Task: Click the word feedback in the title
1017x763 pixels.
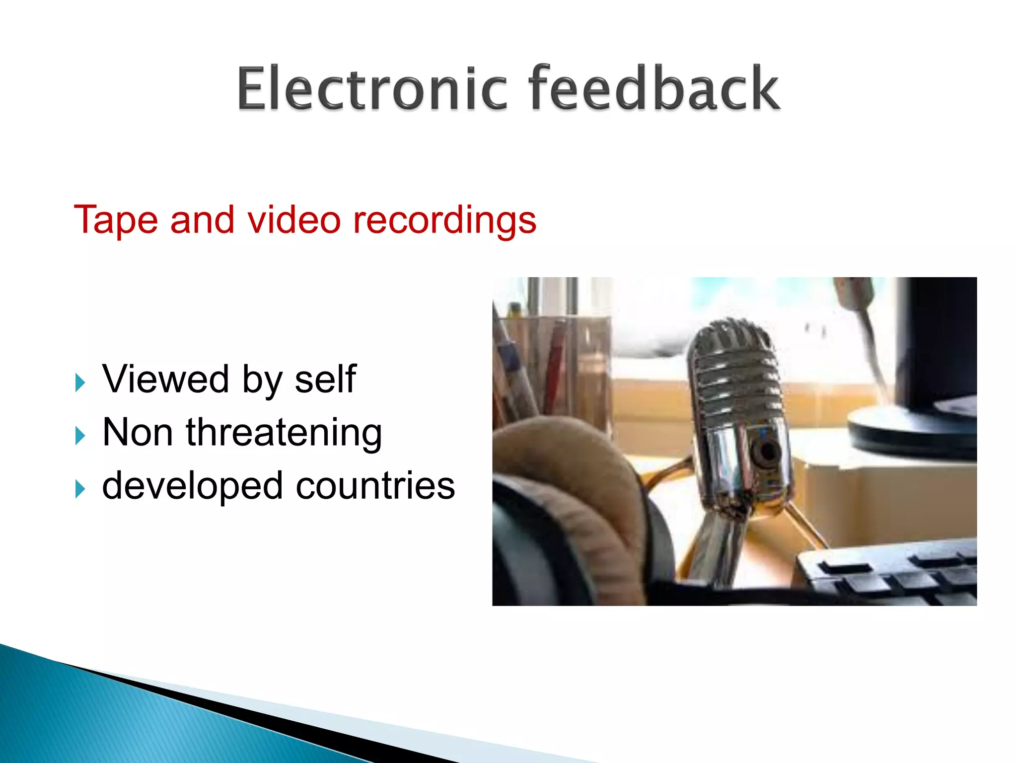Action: point(654,88)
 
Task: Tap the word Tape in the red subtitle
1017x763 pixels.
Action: point(116,220)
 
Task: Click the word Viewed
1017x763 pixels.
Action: point(165,379)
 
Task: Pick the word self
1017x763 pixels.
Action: point(325,379)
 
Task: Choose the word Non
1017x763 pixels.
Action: point(138,432)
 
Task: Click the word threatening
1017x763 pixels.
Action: point(284,433)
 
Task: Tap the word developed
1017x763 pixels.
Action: point(192,486)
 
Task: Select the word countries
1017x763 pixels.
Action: point(375,485)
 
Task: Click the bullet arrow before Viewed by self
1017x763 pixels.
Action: point(80,383)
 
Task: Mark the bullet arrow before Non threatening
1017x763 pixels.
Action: point(80,436)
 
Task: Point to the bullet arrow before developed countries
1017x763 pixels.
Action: point(80,489)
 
